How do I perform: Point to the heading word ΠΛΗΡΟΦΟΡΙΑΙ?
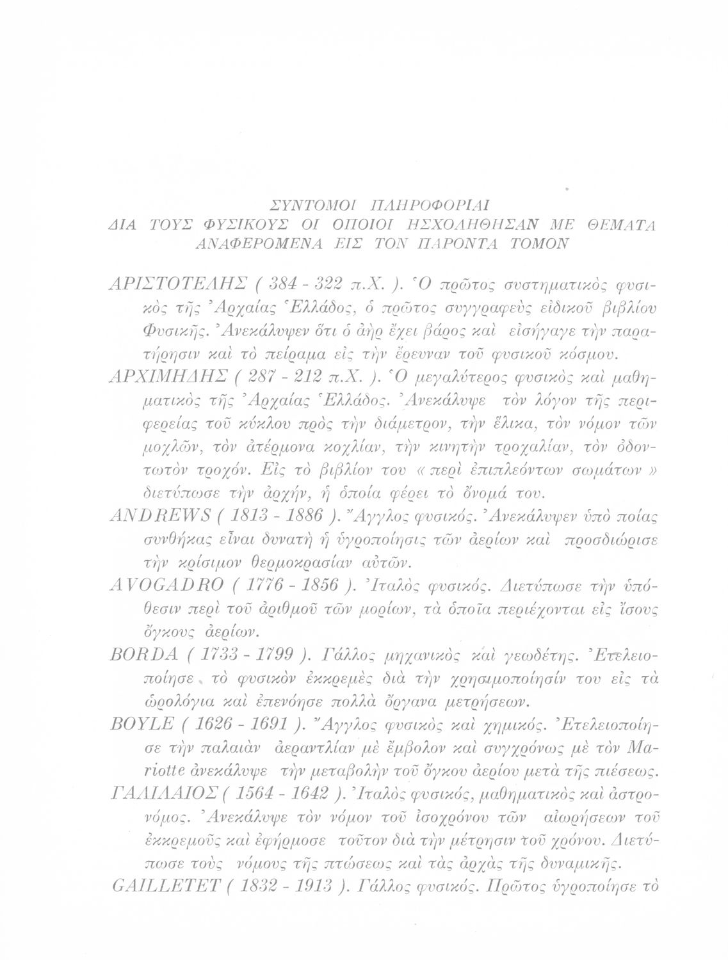423,205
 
